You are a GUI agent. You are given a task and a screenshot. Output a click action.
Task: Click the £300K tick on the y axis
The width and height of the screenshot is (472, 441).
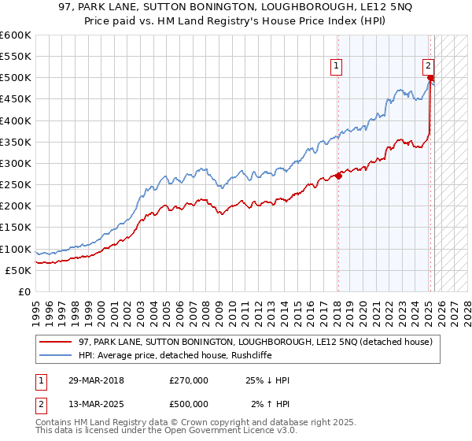coord(16,164)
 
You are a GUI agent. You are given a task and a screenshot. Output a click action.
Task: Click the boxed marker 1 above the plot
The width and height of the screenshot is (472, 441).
coord(337,67)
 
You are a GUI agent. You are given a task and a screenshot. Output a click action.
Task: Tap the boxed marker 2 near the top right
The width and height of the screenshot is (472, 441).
coord(428,67)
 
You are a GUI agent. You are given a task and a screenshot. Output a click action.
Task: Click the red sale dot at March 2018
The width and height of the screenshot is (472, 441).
coord(338,176)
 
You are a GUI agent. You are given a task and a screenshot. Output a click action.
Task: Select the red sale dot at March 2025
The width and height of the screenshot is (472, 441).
coord(430,78)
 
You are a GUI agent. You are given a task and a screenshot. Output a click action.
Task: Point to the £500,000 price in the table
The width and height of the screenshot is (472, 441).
coord(189,404)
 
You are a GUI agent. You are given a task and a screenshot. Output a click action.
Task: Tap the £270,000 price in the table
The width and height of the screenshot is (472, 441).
coord(189,380)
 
